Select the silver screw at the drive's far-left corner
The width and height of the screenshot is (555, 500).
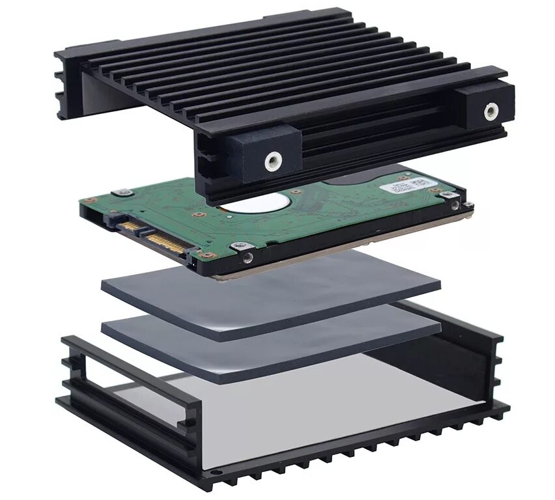121,193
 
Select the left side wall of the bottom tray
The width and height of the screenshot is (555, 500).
124,384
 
